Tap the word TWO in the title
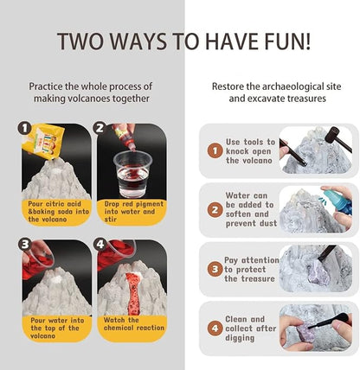[80, 41]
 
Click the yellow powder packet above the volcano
[42, 141]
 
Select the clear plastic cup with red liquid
[132, 174]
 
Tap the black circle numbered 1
[24, 128]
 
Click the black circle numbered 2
[100, 128]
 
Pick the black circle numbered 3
[25, 244]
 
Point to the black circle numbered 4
[100, 244]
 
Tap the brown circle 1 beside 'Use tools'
[215, 150]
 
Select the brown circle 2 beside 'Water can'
[215, 209]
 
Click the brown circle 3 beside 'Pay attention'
[215, 269]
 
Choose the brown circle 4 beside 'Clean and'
[215, 329]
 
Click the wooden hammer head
[332, 134]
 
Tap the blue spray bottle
[338, 201]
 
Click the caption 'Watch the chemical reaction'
[133, 324]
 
